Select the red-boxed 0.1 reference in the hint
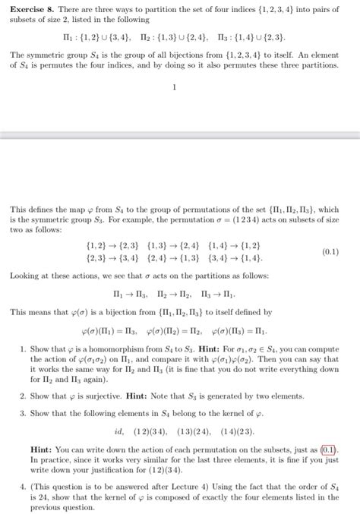pos(330,449)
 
